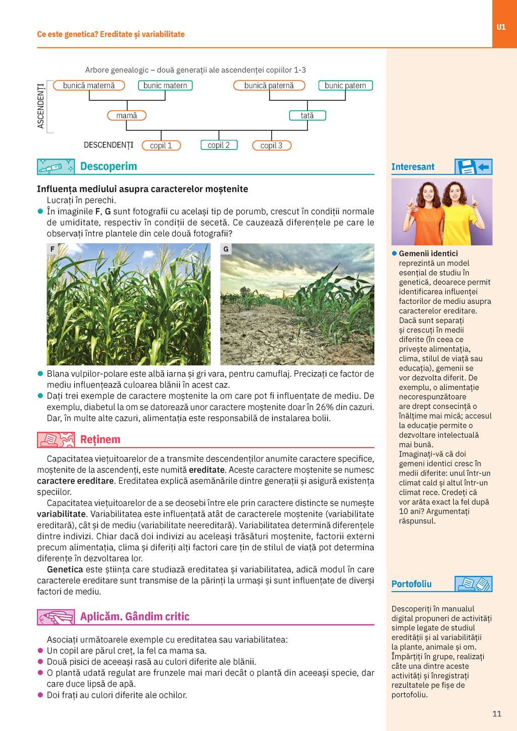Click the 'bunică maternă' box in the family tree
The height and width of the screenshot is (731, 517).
point(89,86)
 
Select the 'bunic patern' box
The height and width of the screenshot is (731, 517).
point(345,86)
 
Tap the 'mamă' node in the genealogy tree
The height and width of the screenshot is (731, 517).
point(127,116)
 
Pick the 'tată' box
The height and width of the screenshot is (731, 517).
point(307,116)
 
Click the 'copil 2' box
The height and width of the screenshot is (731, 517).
point(219,145)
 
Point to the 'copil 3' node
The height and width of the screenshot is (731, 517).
point(272,145)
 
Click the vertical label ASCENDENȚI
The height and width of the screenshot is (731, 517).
point(41,106)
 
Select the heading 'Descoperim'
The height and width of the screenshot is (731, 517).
point(109,167)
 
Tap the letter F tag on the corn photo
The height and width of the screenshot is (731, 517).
point(52,249)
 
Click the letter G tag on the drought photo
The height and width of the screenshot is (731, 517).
point(226,249)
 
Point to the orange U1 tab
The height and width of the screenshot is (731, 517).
point(501,27)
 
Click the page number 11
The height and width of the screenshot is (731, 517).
point(497,714)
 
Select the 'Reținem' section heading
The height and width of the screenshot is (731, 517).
point(100,440)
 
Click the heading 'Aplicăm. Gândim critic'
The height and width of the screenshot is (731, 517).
point(135,617)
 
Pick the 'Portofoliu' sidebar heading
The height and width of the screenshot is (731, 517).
point(411,584)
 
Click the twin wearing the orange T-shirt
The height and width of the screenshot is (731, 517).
point(428,215)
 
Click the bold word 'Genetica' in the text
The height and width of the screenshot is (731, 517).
point(65,569)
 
